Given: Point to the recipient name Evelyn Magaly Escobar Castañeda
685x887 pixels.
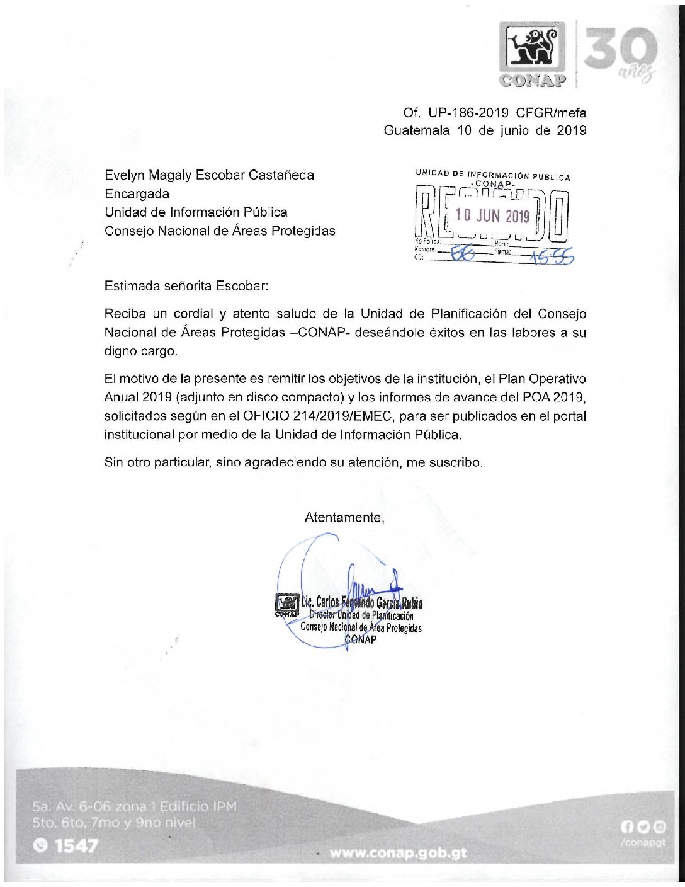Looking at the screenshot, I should coord(209,175).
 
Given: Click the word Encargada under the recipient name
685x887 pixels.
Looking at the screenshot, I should coord(137,193).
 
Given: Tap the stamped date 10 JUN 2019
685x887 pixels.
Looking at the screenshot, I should coord(492,216).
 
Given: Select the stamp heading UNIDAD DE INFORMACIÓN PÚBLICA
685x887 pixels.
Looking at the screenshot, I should coord(492,175).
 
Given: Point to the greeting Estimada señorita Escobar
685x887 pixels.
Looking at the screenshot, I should coord(186,285).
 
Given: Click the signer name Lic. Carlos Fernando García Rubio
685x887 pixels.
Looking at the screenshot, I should coord(361,603).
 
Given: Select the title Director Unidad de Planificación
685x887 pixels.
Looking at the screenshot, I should coord(361,615).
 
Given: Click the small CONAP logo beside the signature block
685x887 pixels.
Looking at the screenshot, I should coord(286,604).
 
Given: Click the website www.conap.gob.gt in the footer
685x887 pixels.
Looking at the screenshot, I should coord(398,853).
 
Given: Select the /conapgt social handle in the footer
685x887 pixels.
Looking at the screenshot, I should coord(643,843).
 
